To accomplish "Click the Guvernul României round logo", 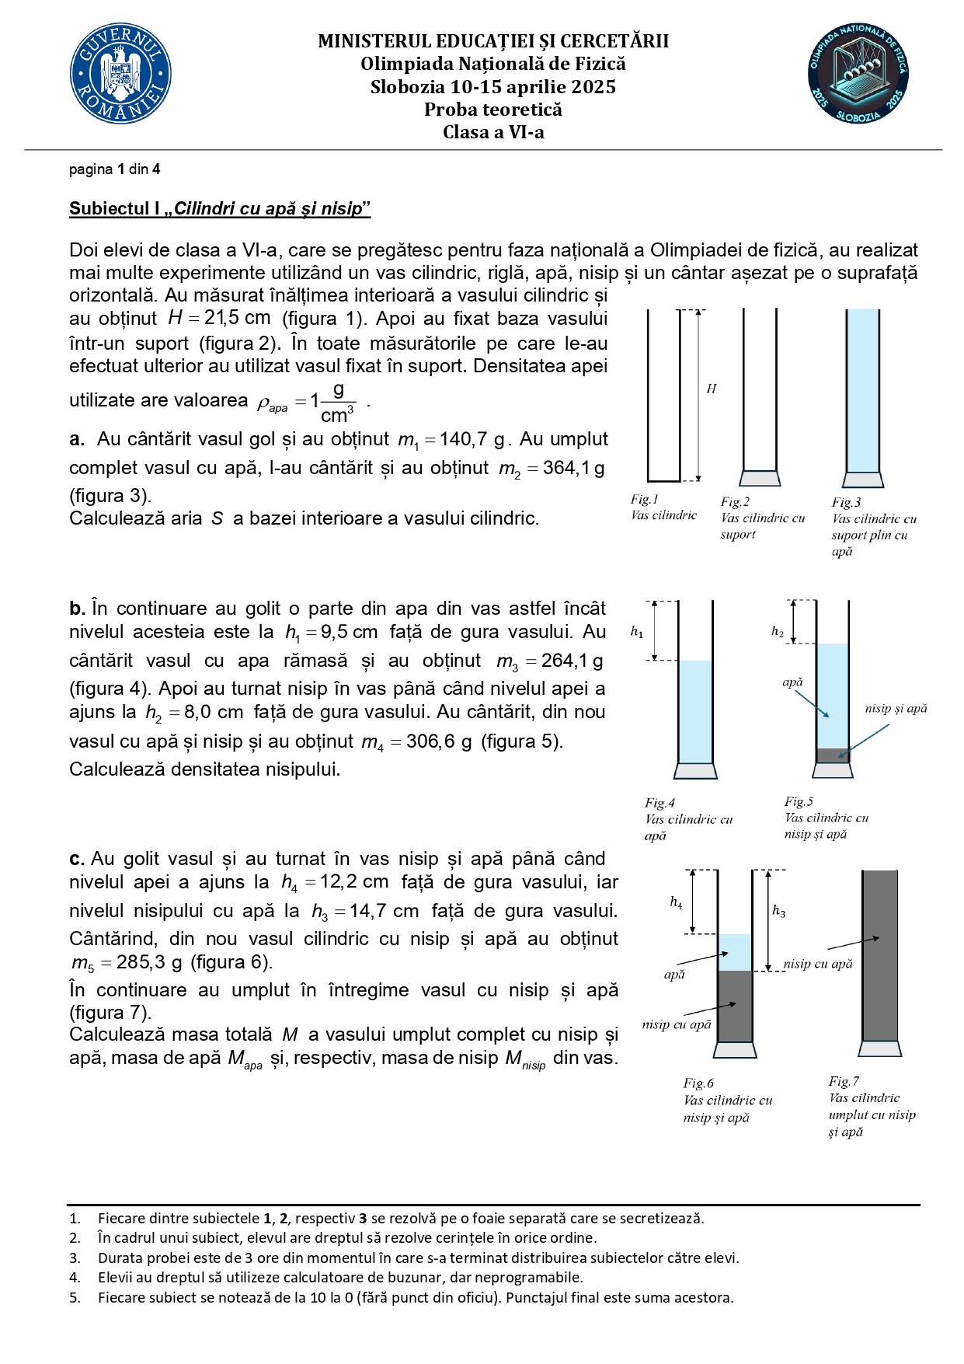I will tap(120, 74).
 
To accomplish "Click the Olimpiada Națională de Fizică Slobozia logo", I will tap(858, 74).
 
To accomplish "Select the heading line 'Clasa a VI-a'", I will tap(493, 132).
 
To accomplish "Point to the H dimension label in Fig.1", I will tap(711, 389).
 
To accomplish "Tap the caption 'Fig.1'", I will tap(644, 499).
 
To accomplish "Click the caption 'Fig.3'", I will tap(846, 502).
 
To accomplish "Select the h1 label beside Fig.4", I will tap(637, 632).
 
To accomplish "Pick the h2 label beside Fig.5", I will tap(778, 631).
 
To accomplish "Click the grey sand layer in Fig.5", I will tap(832, 755).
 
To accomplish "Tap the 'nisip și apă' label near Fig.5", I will tap(896, 708).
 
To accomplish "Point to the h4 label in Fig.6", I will tap(676, 902).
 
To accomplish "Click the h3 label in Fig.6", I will tap(778, 910).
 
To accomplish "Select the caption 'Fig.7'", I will tap(844, 1081).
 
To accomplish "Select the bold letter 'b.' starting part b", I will tap(77, 609).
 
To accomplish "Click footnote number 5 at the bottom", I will tap(75, 1297).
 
